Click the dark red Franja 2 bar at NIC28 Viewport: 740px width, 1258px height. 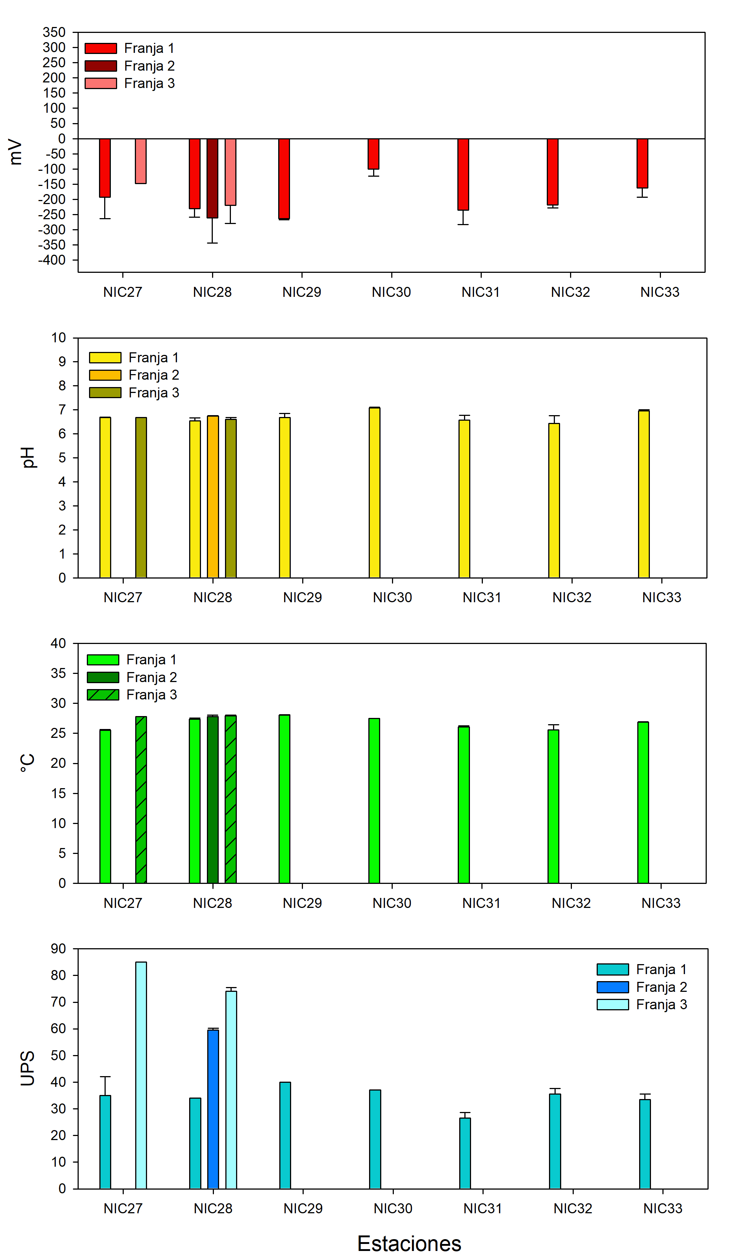pyautogui.click(x=212, y=178)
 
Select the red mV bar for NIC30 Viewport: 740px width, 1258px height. pyautogui.click(x=373, y=154)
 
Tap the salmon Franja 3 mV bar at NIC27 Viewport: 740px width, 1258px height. pyautogui.click(x=141, y=161)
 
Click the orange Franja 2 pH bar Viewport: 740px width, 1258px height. pyautogui.click(x=213, y=497)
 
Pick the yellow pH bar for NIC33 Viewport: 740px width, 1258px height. pyautogui.click(x=644, y=494)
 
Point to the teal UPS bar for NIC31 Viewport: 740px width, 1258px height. pyautogui.click(x=465, y=1153)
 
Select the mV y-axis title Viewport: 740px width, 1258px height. pyautogui.click(x=16, y=152)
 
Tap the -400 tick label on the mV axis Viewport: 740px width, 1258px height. pyautogui.click(x=52, y=260)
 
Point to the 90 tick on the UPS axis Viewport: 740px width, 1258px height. pyautogui.click(x=58, y=949)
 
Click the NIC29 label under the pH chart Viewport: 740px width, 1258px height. pyautogui.click(x=302, y=597)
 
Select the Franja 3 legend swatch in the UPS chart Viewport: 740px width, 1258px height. pyautogui.click(x=613, y=1004)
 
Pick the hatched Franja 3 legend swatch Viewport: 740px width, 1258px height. pyautogui.click(x=103, y=695)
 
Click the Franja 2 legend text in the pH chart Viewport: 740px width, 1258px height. pyautogui.click(x=154, y=375)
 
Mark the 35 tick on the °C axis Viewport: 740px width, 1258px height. pyautogui.click(x=58, y=674)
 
